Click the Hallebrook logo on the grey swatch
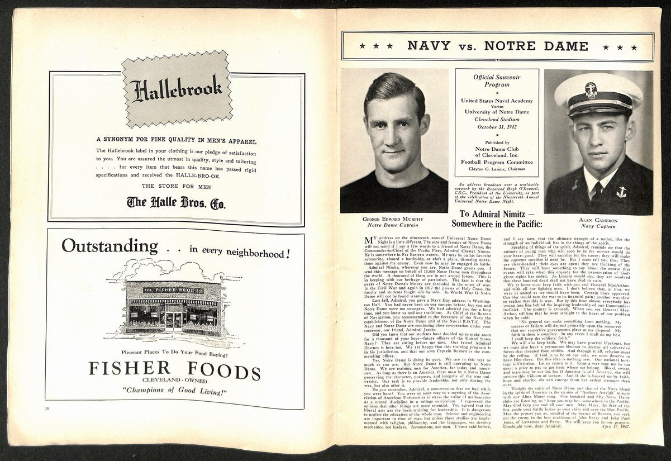(x=177, y=90)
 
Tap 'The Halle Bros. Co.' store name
(x=176, y=203)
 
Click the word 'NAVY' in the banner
(x=429, y=46)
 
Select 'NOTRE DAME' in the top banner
(x=536, y=46)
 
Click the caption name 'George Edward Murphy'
(x=394, y=219)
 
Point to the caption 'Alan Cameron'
(x=598, y=220)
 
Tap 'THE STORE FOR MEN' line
(x=176, y=186)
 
